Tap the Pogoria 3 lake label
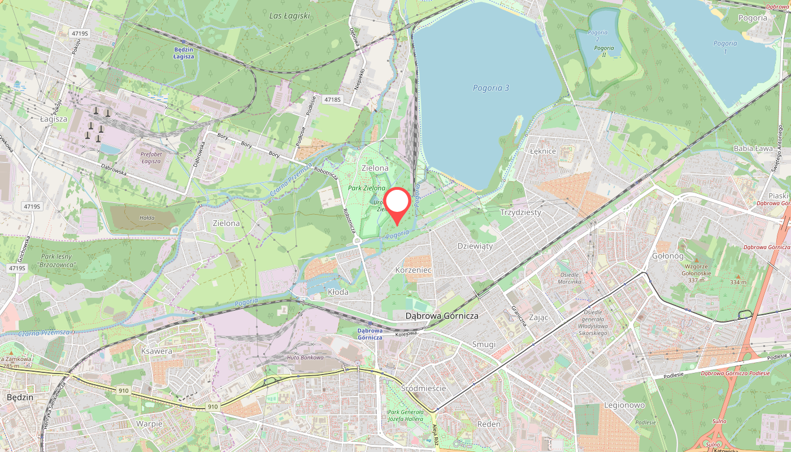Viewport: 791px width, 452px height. (x=491, y=88)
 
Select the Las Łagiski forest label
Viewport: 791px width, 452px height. (x=290, y=16)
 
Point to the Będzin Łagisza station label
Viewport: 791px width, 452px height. (x=184, y=53)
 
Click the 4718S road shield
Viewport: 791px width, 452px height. (x=333, y=99)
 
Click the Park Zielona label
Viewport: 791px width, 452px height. (x=366, y=188)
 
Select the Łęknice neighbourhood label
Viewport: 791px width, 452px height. (x=544, y=151)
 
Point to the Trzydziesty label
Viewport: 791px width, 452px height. (x=520, y=212)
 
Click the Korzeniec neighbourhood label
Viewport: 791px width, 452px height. (x=414, y=270)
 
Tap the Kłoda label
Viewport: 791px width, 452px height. (x=338, y=292)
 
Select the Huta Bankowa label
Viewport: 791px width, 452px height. (x=305, y=358)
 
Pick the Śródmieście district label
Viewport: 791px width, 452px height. (x=423, y=388)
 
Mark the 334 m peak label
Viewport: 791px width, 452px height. (x=737, y=282)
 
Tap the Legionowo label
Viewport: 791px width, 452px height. (x=624, y=405)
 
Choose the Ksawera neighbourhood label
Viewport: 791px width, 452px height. (x=154, y=351)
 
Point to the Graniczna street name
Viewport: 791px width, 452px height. (x=519, y=315)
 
